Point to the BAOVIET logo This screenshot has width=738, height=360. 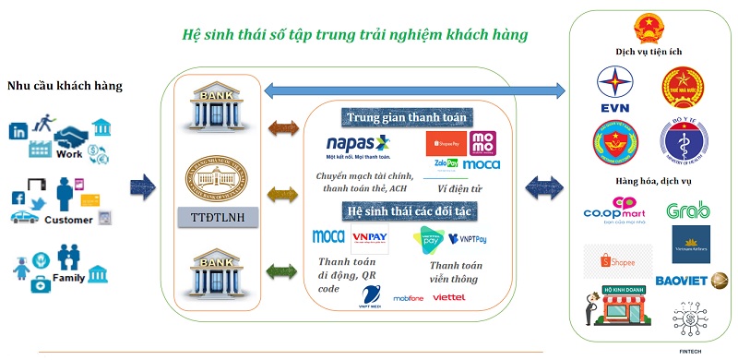coord(689,281)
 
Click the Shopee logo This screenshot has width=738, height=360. coord(617,262)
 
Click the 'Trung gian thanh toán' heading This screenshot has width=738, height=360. coord(408,117)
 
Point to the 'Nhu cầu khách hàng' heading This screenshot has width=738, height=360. coord(65,87)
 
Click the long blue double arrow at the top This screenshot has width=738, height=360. coord(413,89)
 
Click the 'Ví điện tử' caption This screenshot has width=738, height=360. coord(458,187)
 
